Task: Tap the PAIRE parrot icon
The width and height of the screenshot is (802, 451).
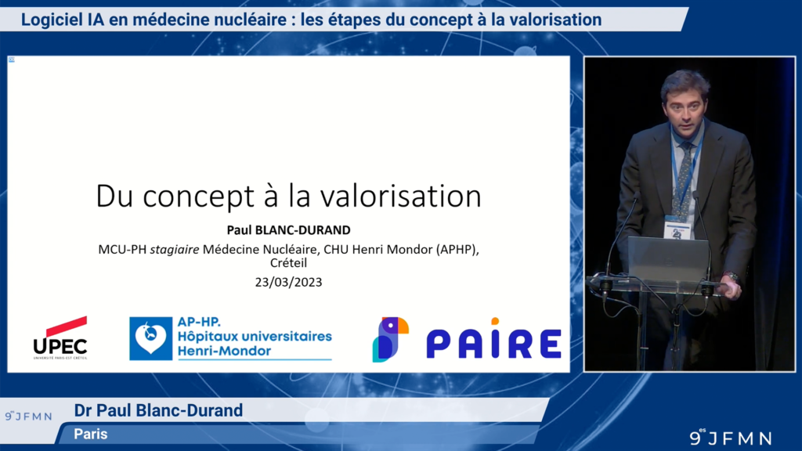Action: pos(390,339)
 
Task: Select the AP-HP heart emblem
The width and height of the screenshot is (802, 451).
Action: pos(151,338)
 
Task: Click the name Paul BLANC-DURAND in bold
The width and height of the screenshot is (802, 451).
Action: pos(287,231)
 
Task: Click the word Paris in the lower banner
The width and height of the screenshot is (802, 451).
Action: pos(91,434)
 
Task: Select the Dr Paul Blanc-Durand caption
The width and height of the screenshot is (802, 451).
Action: pos(158,410)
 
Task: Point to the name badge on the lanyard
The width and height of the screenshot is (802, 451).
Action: pos(677,229)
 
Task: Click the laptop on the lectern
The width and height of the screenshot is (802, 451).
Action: pos(668,259)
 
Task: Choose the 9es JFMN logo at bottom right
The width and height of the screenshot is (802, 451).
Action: pos(730,437)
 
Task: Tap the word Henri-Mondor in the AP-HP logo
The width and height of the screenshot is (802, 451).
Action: pos(223,351)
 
